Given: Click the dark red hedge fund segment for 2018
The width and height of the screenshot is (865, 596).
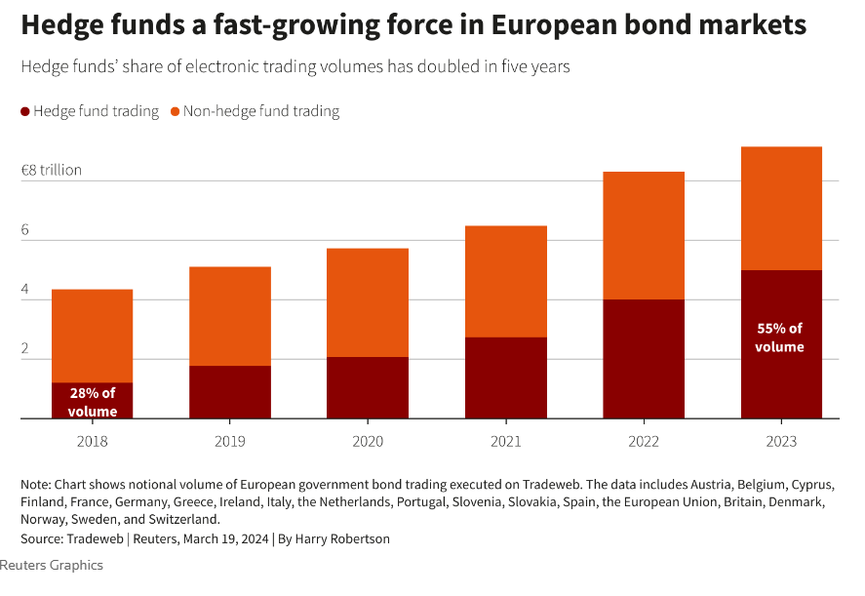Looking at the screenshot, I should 92,400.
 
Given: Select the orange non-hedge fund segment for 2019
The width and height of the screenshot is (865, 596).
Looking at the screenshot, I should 230,316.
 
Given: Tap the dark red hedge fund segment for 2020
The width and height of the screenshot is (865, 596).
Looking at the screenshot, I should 368,387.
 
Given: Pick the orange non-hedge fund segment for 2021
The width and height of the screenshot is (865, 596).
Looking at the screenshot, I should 505,281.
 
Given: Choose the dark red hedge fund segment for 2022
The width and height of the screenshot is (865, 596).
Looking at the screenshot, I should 644,358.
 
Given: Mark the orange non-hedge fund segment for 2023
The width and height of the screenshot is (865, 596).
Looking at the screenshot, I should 781,208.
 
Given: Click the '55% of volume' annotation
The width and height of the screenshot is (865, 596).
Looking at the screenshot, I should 780,338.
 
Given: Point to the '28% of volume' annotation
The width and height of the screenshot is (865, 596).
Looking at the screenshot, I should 92,402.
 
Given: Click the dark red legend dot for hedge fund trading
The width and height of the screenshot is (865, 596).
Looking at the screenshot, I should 25,112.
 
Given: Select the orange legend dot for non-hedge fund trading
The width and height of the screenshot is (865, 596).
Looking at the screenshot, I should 176,112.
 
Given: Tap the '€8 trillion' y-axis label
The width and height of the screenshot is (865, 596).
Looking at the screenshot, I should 51,170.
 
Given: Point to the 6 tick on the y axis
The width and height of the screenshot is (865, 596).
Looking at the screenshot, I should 25,231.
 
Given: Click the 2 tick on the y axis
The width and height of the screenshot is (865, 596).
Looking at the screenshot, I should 25,350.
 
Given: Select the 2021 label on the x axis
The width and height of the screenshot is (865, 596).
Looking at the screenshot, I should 505,441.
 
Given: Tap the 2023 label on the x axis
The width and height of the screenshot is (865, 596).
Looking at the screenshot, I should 781,441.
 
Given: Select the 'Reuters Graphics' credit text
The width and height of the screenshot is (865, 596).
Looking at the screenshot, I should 51,565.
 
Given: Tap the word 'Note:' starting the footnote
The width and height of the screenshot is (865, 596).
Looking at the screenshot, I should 35,484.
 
